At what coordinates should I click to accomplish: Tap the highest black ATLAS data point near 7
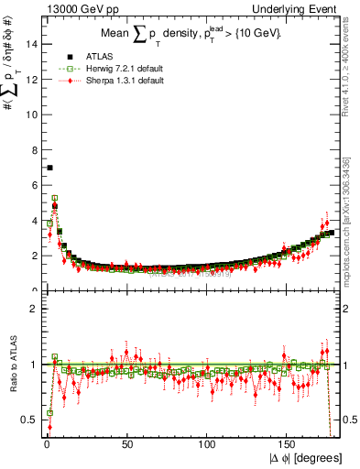pyautogui.click(x=49, y=168)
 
